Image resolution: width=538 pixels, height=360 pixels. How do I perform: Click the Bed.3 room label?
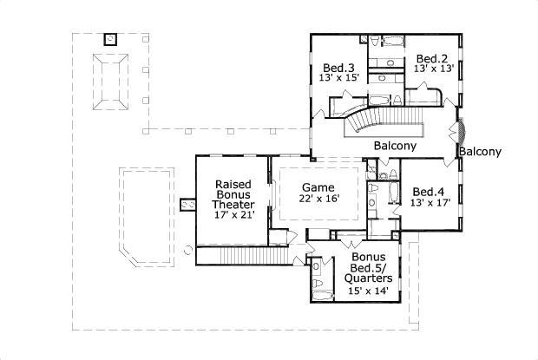(338, 68)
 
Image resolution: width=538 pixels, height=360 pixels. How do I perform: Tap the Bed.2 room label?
(432, 59)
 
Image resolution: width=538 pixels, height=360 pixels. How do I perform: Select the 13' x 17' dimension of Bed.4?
(430, 203)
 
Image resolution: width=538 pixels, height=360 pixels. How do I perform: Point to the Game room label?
(318, 187)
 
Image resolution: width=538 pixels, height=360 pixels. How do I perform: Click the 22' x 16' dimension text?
(319, 198)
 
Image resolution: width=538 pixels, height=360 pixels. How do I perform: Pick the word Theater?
(233, 205)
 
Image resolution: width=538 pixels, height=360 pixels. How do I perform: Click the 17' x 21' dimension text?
(234, 215)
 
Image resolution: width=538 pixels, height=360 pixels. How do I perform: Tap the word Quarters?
(368, 278)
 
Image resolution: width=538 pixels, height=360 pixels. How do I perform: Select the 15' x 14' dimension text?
(368, 291)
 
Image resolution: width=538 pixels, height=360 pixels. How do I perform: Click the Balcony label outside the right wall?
(480, 152)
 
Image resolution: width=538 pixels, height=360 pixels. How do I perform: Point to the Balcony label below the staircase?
(395, 146)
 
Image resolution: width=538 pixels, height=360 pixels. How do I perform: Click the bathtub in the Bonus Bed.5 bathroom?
(323, 296)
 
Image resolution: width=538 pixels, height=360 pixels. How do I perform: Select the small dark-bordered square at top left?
(110, 39)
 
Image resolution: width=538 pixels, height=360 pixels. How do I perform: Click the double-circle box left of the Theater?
(187, 205)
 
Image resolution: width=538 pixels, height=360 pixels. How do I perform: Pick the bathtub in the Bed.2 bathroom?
(393, 41)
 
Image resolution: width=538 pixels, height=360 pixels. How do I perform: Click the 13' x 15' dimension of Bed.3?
(339, 77)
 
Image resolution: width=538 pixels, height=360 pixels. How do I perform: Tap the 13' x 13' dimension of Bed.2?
(434, 69)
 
